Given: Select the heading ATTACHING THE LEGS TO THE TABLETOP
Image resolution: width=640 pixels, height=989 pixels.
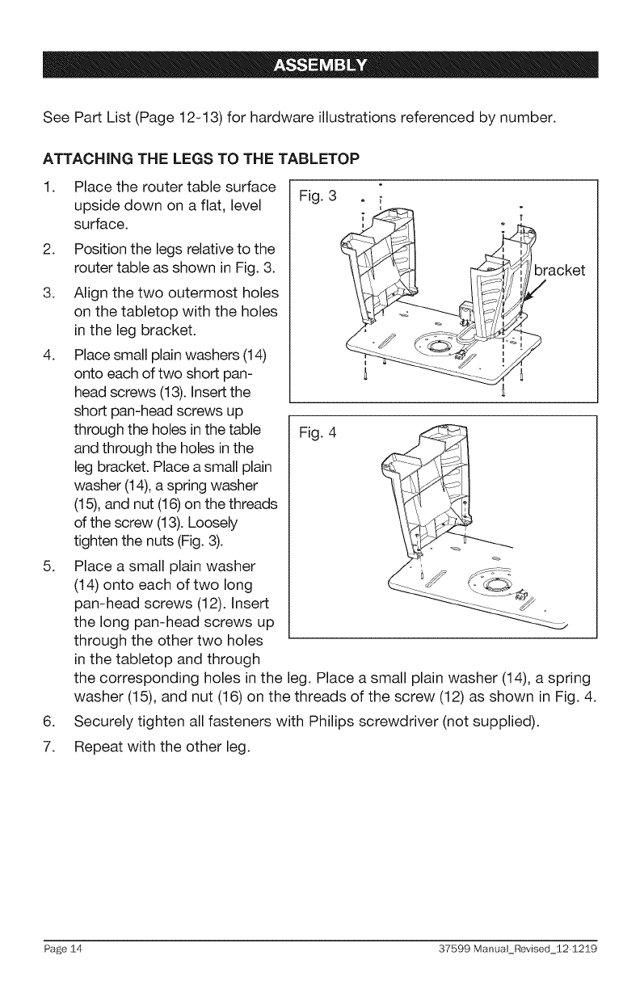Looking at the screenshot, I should click(x=176, y=156).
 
